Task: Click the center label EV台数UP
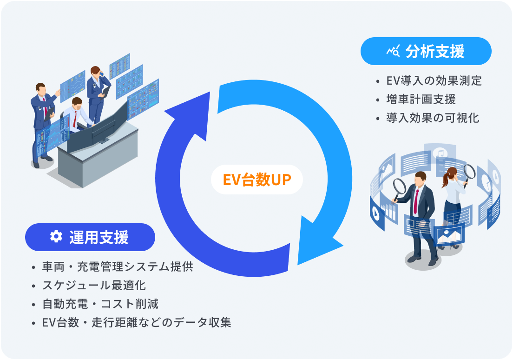pos(257,180)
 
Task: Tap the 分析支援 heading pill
pos(426,51)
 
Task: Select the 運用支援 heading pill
pos(90,237)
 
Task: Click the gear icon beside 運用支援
pos(56,237)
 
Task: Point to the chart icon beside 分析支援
pos(393,51)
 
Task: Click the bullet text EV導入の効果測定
pos(434,81)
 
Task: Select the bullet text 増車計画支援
pos(421,99)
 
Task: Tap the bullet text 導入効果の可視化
pos(432,118)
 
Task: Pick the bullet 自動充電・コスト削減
pos(100,304)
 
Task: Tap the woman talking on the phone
pos(97,93)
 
